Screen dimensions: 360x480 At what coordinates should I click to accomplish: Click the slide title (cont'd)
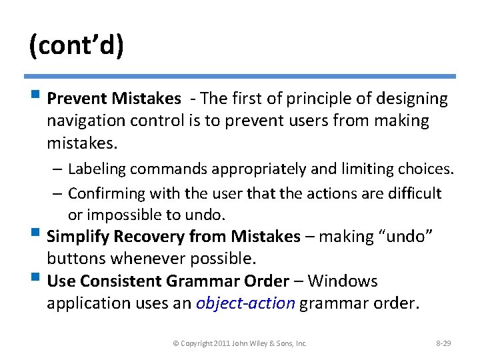pyautogui.click(x=75, y=47)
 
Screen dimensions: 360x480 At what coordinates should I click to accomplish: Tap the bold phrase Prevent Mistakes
pyautogui.click(x=114, y=99)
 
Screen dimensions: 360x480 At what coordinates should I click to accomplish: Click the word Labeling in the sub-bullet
pyautogui.click(x=98, y=169)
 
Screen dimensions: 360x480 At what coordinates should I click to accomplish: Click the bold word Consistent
pyautogui.click(x=126, y=281)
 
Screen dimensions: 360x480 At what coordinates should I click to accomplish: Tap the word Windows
pyautogui.click(x=343, y=281)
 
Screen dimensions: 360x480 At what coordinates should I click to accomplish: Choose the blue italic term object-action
pyautogui.click(x=245, y=303)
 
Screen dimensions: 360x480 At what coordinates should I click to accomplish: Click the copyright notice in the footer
pyautogui.click(x=239, y=343)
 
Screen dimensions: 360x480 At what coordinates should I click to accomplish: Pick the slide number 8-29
pyautogui.click(x=443, y=343)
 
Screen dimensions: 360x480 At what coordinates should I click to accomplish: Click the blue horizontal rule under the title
pyautogui.click(x=240, y=77)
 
